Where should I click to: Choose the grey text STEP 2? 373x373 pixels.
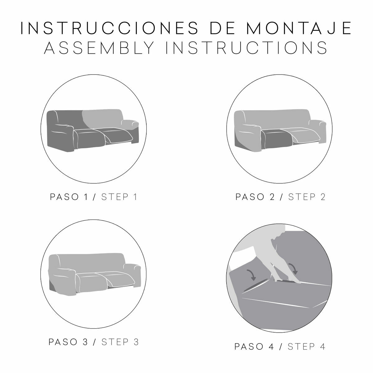click(306, 197)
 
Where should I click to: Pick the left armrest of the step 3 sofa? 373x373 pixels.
click(62, 274)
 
